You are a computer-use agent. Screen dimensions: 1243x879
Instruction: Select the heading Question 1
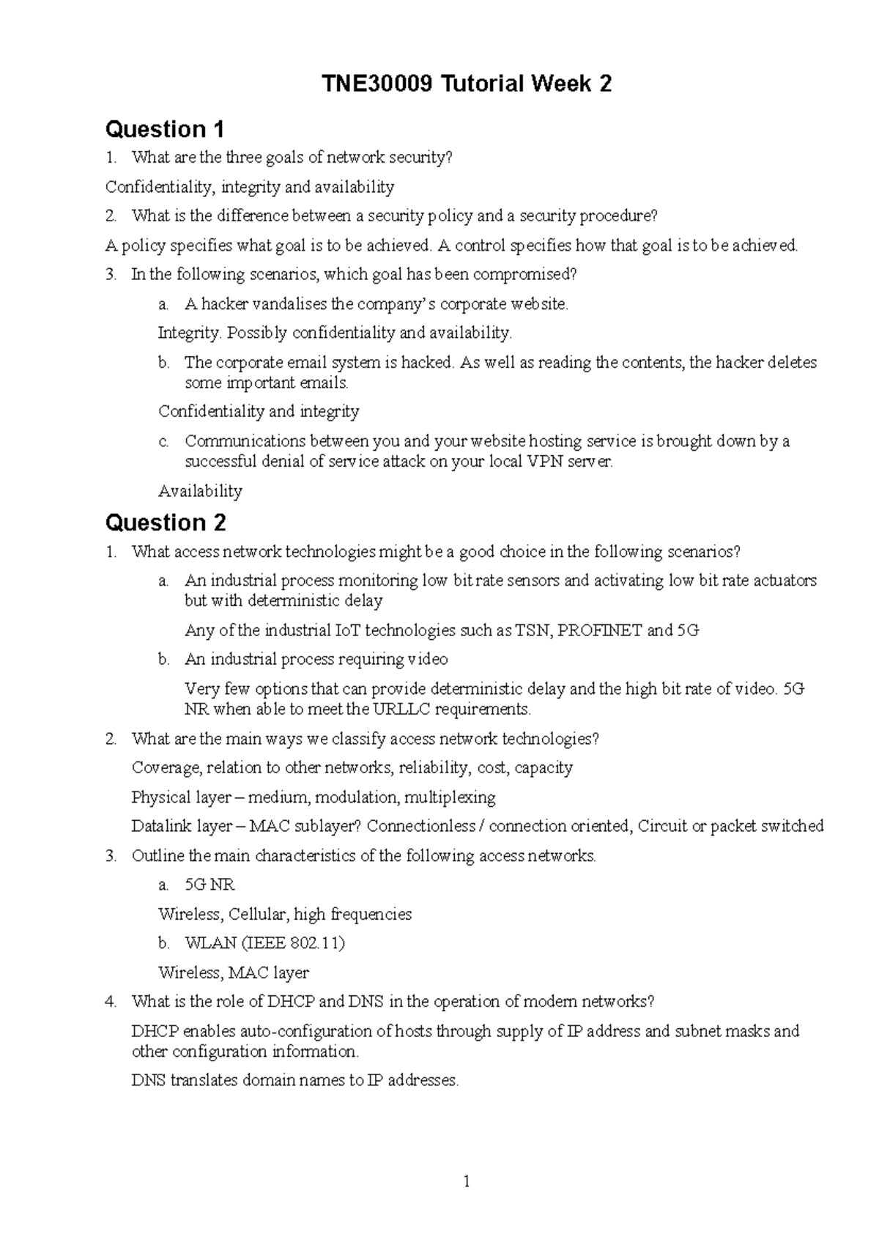point(165,130)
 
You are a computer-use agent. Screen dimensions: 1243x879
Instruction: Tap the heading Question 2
point(166,523)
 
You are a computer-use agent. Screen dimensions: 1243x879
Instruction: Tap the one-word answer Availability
point(200,491)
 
